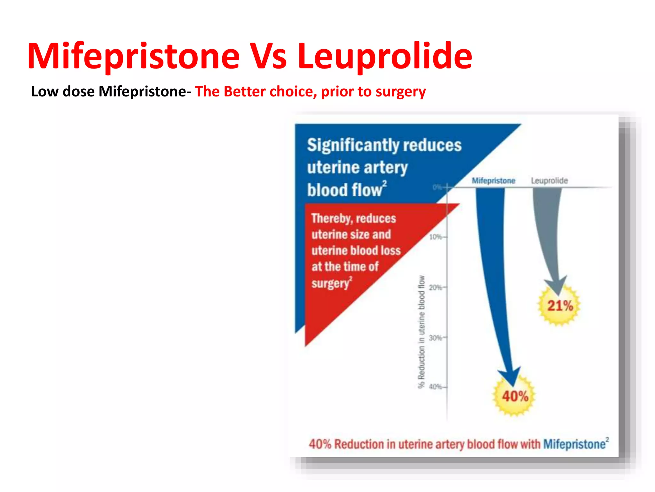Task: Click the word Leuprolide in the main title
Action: [x=385, y=57]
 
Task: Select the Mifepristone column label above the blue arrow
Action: [x=493, y=181]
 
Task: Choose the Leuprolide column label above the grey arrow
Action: [x=549, y=181]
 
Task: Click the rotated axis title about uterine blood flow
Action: [x=422, y=332]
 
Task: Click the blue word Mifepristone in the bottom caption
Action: [x=574, y=444]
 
